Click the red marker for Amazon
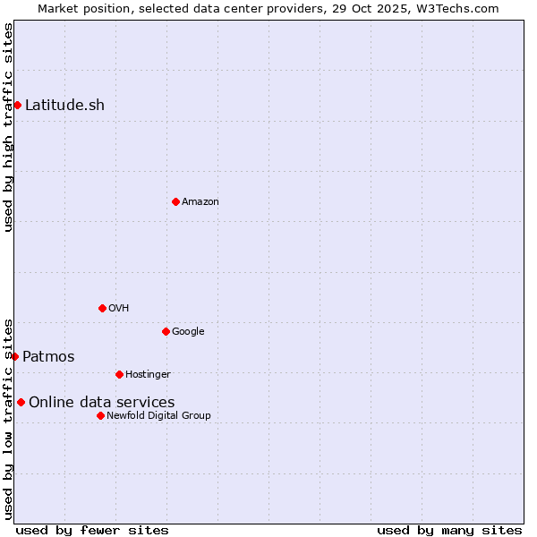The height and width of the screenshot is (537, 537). (175, 201)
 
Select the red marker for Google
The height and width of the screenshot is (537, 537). (166, 331)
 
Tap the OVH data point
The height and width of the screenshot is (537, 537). (102, 308)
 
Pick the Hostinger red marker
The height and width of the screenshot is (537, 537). (119, 374)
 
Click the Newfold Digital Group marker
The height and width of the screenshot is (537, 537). (100, 415)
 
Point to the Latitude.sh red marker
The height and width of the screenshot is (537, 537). (17, 106)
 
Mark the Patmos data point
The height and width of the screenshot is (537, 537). (14, 356)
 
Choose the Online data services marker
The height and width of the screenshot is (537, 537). (21, 402)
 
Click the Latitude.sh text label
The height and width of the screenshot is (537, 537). (64, 106)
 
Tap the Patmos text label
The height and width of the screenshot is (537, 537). (48, 357)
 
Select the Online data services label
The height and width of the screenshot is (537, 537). (101, 403)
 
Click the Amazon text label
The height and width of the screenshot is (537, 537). (200, 202)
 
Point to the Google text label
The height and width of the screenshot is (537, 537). (188, 332)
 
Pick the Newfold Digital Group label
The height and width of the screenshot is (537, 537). (158, 416)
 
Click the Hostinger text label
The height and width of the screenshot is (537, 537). (148, 375)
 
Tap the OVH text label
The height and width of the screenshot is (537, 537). (119, 309)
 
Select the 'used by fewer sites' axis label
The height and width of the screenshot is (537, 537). (92, 530)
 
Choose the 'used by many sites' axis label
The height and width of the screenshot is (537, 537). (449, 530)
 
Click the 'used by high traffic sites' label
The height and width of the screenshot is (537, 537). (8, 128)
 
